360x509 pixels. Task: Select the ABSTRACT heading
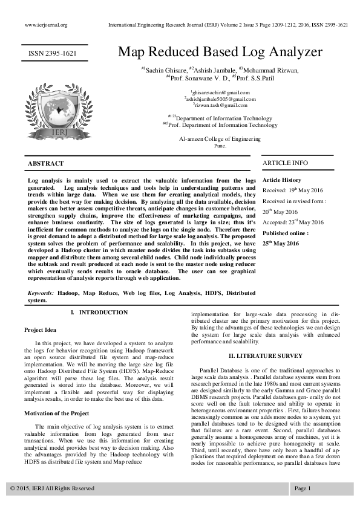[x=46, y=163]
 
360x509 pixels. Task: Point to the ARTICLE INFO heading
[x=285, y=163]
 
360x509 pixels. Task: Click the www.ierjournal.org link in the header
[x=45, y=25]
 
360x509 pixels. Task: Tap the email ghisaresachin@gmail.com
[x=220, y=92]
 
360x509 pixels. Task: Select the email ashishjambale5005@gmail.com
[x=220, y=99]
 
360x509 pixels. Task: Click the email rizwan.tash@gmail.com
[x=220, y=105]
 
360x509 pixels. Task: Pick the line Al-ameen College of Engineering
[x=220, y=138]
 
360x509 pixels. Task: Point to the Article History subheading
[x=281, y=180]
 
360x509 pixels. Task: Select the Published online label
[x=286, y=233]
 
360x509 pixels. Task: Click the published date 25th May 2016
[x=281, y=244]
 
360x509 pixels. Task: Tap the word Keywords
[x=41, y=293]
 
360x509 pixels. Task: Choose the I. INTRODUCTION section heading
[x=99, y=313]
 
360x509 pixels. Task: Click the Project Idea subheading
[x=40, y=330]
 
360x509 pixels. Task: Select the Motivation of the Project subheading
[x=56, y=396]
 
